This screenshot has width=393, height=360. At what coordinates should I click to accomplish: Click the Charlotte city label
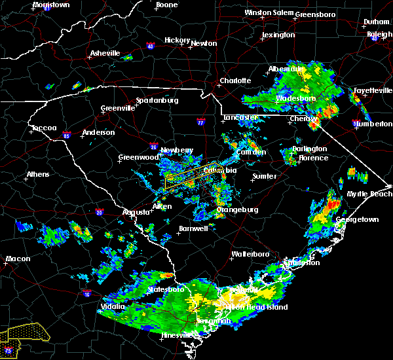coord(235,81)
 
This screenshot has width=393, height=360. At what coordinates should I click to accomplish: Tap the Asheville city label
coord(105,53)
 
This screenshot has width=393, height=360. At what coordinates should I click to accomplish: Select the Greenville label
coord(118,108)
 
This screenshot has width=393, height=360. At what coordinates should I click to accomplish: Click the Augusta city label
coord(137,212)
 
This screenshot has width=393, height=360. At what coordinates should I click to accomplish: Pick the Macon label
coord(18,259)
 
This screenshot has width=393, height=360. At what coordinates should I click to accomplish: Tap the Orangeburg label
coord(237,209)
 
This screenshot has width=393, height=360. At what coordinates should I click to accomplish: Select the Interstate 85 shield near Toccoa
coord(67,137)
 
